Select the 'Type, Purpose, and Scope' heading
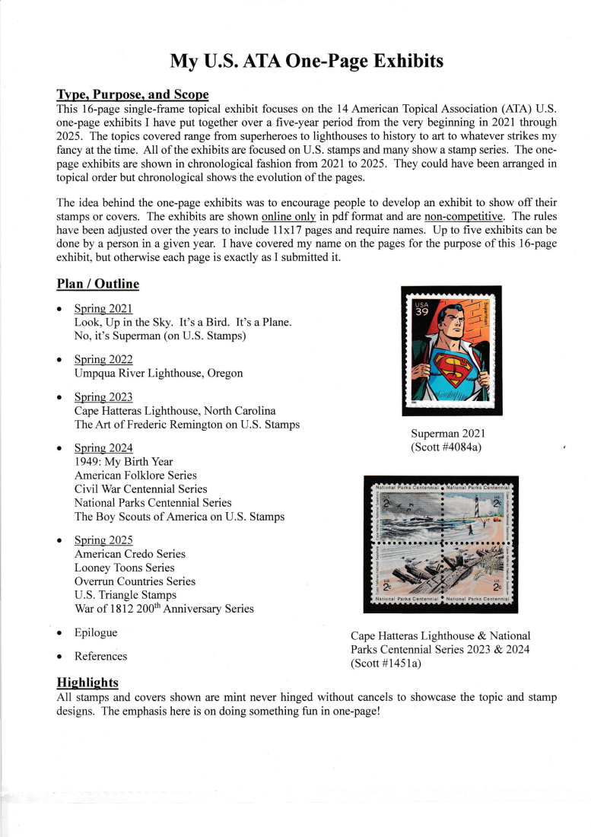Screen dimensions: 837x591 [x=132, y=95]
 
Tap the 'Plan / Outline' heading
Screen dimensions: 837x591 [x=98, y=284]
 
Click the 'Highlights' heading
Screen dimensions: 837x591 [x=87, y=683]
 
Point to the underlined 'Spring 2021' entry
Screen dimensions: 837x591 [x=103, y=309]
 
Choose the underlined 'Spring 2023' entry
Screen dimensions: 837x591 [x=103, y=397]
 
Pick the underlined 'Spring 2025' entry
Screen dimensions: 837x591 [x=103, y=540]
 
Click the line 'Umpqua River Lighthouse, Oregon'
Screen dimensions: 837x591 [x=158, y=374]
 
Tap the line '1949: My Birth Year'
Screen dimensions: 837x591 [x=123, y=462]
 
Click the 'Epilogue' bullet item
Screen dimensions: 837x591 [x=96, y=632]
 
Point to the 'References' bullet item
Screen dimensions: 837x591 [x=100, y=656]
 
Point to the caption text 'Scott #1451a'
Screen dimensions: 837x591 [x=386, y=664]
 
